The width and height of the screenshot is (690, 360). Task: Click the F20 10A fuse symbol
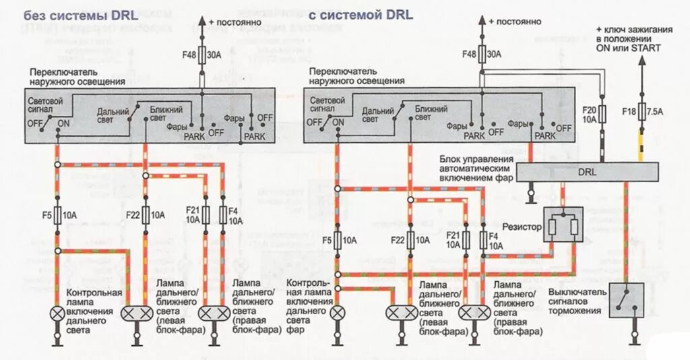tap(602, 113)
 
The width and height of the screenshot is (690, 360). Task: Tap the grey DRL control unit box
tap(587, 172)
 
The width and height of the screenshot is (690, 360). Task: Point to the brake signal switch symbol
tap(627, 299)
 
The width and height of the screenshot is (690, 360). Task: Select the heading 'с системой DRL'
tap(361, 15)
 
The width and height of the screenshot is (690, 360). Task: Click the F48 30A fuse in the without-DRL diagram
tap(201, 54)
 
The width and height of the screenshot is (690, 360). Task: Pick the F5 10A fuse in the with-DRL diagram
tap(339, 239)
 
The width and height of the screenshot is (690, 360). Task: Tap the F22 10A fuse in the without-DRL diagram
tap(145, 215)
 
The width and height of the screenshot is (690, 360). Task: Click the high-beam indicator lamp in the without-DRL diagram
tap(58, 313)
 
